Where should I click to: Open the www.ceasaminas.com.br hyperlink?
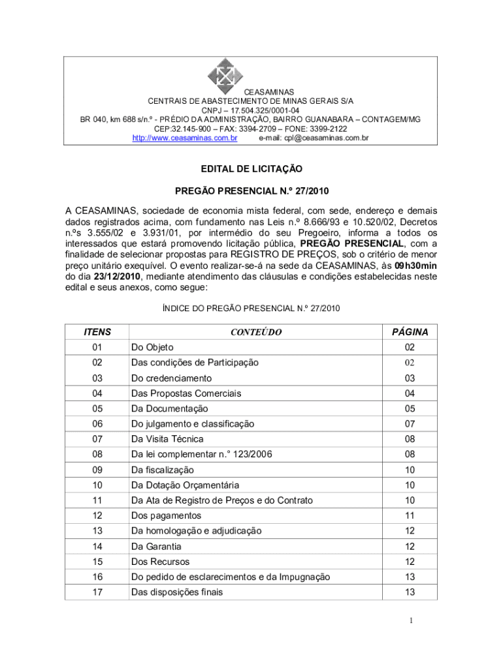tap(185, 138)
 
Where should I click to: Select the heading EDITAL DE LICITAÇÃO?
tap(252, 169)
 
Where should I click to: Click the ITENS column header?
tap(97, 332)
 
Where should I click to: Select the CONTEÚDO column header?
tap(256, 332)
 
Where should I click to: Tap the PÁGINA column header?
tap(410, 332)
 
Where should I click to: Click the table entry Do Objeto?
tap(152, 348)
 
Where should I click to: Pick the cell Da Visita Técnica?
tap(167, 439)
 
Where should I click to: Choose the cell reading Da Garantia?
tap(156, 547)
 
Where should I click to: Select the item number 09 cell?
tap(97, 470)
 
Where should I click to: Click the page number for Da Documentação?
tap(410, 409)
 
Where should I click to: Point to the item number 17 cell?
tap(97, 592)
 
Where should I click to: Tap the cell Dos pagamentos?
tap(166, 516)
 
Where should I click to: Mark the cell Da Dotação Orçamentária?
tap(185, 485)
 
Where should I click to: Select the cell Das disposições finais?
tap(177, 592)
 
